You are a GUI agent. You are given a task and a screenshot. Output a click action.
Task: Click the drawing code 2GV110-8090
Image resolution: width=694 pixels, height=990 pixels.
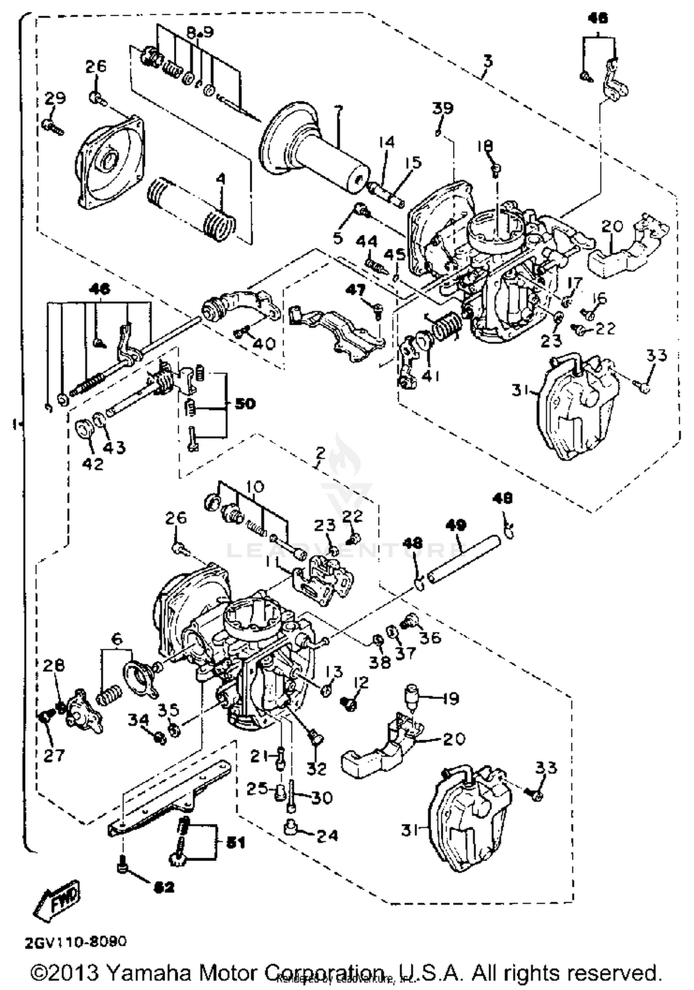coord(75,941)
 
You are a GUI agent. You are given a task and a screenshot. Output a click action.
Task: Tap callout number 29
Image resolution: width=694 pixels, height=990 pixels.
coord(55,98)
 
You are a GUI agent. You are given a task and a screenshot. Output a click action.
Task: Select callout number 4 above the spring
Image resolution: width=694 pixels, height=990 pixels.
coord(221,178)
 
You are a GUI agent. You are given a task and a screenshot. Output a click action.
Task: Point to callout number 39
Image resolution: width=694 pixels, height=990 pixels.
coord(442,108)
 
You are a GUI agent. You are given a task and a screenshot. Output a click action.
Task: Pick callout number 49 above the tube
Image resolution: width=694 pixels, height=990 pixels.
coord(456,525)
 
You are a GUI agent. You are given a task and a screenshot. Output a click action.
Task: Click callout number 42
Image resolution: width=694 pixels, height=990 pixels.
coord(93,464)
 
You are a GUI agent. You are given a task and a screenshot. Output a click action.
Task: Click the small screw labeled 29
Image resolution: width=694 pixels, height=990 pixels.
coord(53,126)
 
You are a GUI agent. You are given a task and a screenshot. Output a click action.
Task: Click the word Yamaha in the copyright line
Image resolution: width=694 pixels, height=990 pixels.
coord(150,972)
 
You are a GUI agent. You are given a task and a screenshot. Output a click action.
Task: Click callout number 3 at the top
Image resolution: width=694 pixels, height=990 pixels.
coord(488,61)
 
